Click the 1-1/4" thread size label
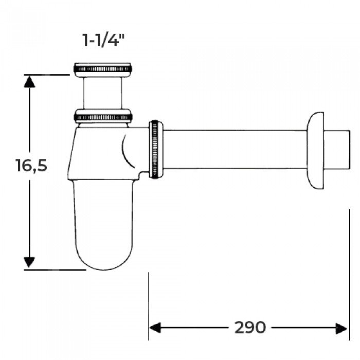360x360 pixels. [103, 40]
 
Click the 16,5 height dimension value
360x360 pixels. [31, 165]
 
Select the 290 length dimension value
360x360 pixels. [250, 328]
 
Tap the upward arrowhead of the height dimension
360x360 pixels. [29, 82]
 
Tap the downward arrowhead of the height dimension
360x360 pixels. [29, 262]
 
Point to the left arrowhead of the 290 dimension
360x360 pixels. [155, 328]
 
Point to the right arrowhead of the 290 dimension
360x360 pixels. [341, 329]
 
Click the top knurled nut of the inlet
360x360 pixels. [103, 69]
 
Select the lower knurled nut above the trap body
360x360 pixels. [103, 117]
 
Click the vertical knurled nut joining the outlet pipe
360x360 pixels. [156, 149]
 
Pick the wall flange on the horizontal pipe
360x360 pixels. [315, 150]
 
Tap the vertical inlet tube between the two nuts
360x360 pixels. [102, 93]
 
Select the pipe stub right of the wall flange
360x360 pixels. [337, 150]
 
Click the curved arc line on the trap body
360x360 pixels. [128, 151]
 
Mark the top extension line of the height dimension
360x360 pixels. [47, 75]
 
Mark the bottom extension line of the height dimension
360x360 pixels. [55, 270]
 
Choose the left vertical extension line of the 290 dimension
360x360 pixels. [149, 306]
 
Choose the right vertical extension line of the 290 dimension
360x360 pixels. [349, 274]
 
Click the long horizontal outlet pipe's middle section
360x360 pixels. [235, 150]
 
